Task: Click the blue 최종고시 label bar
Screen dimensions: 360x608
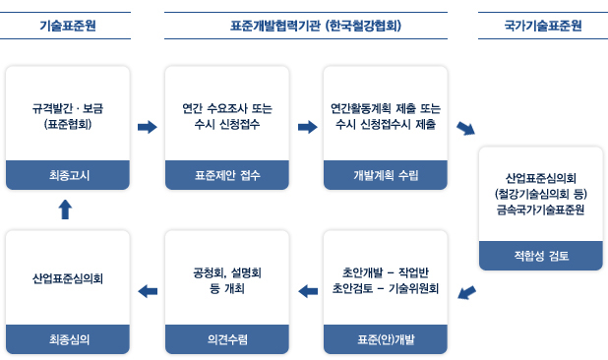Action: (68, 175)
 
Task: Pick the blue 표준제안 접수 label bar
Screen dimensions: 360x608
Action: (227, 175)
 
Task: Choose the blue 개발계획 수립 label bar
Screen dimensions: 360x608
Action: (386, 175)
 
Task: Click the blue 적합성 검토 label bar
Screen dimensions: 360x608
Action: (542, 256)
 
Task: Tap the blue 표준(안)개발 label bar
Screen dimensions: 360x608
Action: (386, 338)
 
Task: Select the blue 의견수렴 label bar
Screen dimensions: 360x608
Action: (227, 338)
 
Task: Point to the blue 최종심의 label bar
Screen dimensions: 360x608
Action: (68, 338)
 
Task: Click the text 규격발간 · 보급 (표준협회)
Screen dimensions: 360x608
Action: (68, 116)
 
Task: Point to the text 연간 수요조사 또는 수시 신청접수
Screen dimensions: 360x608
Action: (227, 116)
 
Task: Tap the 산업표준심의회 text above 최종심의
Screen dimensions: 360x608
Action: (68, 278)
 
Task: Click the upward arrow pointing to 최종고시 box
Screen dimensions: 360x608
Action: (66, 209)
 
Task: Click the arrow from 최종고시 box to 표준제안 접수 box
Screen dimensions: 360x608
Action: (148, 127)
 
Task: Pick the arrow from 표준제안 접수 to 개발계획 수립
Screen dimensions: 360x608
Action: (307, 127)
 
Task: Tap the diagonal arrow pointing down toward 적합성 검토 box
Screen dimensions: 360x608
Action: (465, 130)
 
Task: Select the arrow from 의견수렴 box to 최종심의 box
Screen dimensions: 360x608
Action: (148, 290)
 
